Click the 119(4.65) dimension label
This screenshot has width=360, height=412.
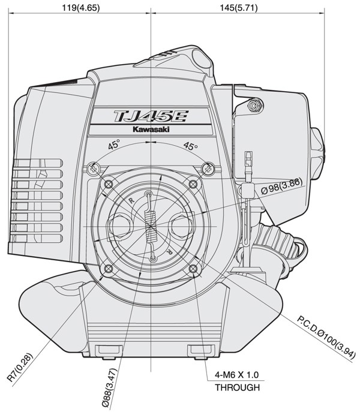point(80,8)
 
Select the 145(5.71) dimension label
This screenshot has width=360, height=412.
point(239,8)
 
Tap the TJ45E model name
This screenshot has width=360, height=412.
point(151,116)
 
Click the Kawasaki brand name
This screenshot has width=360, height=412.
point(151,130)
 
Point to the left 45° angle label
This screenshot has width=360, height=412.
point(114,145)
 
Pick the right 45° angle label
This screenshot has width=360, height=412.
point(190,146)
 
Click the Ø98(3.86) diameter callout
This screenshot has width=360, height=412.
point(281,187)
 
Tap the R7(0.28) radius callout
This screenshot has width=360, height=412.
point(20,367)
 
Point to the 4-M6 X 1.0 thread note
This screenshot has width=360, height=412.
point(236,374)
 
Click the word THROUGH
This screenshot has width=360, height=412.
point(237,387)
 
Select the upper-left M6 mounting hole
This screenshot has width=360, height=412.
point(109,185)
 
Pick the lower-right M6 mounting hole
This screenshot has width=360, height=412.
point(193,269)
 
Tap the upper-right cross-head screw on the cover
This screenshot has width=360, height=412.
point(208,168)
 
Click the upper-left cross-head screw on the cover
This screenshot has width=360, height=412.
point(94,169)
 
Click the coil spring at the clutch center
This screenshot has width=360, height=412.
point(151,227)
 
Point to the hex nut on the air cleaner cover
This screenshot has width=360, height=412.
point(254,106)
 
